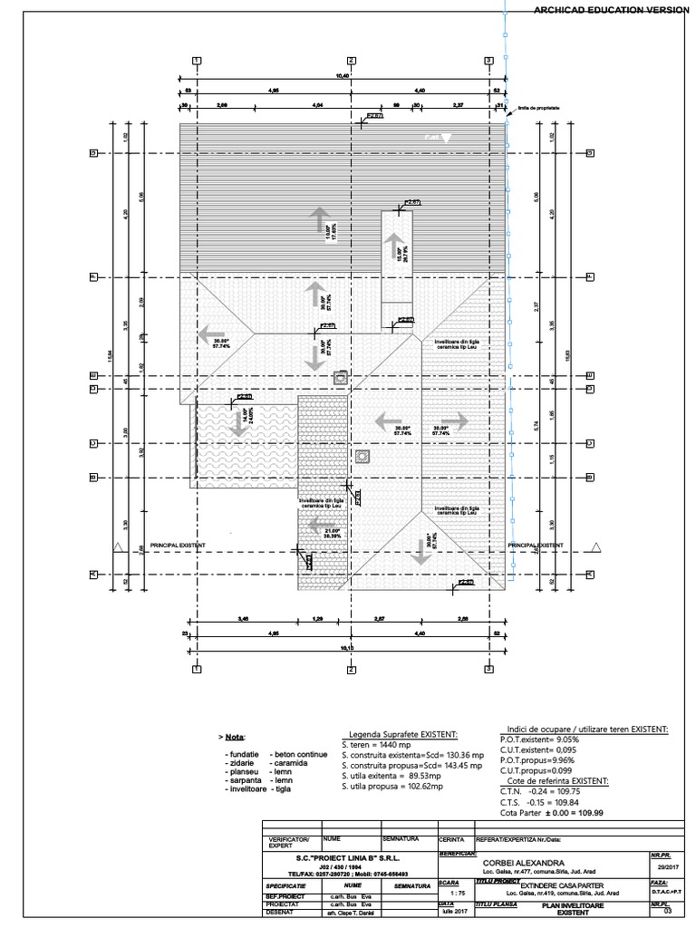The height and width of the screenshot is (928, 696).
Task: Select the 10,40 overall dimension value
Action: [343, 76]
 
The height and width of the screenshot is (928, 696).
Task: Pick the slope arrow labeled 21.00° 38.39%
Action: [318, 526]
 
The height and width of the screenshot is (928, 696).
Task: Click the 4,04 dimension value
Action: [318, 106]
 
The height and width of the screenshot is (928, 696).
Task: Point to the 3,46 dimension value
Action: [243, 618]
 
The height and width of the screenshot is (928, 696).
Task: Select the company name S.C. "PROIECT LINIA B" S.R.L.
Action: [347, 855]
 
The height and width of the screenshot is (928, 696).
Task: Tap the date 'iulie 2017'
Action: [448, 913]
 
